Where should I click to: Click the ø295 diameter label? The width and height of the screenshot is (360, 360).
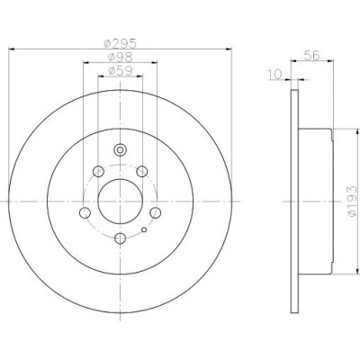coord(120,44)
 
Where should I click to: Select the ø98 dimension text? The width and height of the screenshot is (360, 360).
coord(120,57)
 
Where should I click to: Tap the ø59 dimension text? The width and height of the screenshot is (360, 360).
coord(120,71)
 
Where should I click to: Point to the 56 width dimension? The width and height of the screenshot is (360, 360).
coord(312,55)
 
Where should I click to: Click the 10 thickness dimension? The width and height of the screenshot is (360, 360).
coord(275,74)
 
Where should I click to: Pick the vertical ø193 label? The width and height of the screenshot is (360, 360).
coord(352,201)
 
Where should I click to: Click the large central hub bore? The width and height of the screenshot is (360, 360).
coord(120,202)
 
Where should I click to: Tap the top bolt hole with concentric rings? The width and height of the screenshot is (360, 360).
coord(120,149)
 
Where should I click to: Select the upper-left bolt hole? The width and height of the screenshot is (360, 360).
coord(98,172)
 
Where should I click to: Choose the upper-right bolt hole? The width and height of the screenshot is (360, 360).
coord(141,172)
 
